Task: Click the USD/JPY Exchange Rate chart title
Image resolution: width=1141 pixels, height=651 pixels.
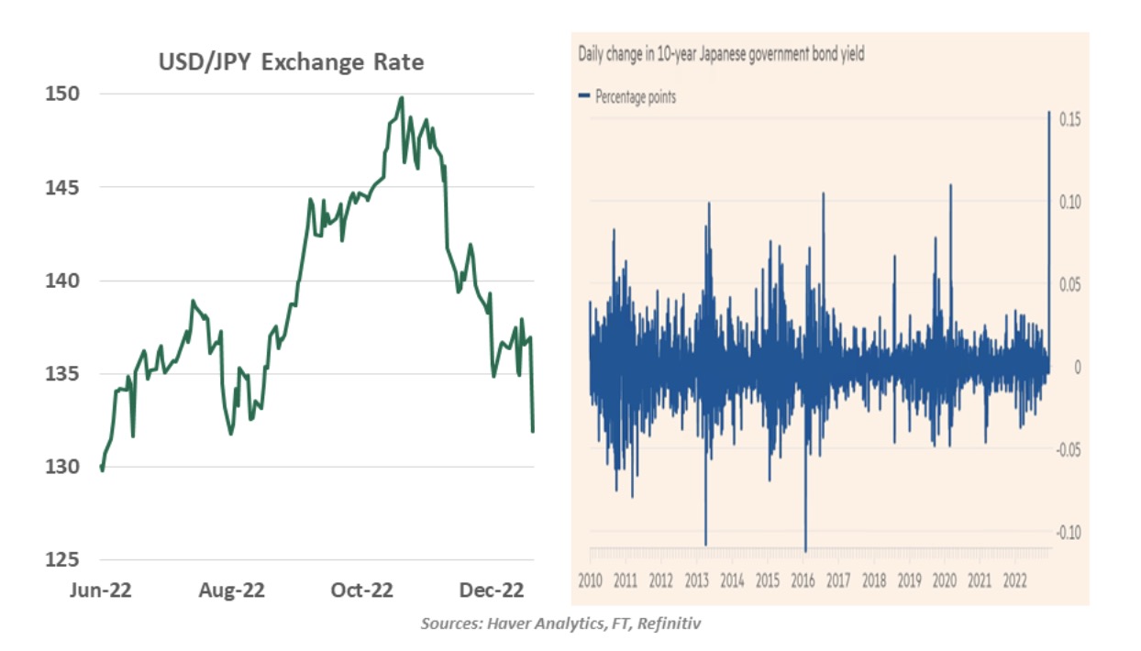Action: pyautogui.click(x=293, y=62)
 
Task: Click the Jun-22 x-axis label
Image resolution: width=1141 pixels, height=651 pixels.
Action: pyautogui.click(x=101, y=590)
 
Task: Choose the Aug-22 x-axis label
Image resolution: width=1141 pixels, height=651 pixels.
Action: pyautogui.click(x=231, y=590)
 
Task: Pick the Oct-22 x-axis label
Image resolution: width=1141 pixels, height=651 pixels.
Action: pyautogui.click(x=360, y=590)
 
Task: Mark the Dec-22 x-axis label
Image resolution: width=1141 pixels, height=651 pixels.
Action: pyautogui.click(x=492, y=590)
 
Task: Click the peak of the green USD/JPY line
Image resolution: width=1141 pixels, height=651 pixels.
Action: pyautogui.click(x=402, y=97)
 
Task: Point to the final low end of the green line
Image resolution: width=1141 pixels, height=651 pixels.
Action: pyautogui.click(x=533, y=431)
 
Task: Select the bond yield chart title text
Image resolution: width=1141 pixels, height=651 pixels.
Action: pyautogui.click(x=721, y=54)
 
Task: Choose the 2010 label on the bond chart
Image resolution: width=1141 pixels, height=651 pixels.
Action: pyautogui.click(x=590, y=579)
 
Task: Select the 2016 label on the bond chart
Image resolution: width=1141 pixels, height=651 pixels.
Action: pyautogui.click(x=803, y=579)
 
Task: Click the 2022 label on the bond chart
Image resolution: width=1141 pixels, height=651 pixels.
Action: pyautogui.click(x=1014, y=579)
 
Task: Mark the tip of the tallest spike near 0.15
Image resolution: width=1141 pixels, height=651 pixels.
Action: pyautogui.click(x=1049, y=112)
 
